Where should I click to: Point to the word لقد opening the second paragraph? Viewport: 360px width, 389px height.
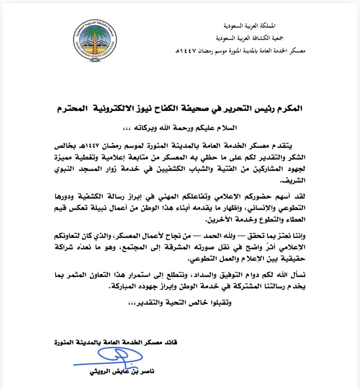[x=300, y=196]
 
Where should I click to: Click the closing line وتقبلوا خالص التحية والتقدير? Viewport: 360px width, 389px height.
[x=179, y=303]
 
